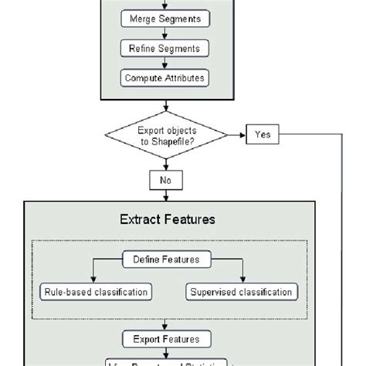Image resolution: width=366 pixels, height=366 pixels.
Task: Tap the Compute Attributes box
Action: click(165, 77)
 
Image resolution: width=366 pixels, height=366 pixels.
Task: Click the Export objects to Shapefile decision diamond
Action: click(167, 135)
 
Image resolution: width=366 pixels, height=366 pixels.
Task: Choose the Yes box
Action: click(263, 135)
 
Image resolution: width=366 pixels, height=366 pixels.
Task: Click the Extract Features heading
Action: click(167, 219)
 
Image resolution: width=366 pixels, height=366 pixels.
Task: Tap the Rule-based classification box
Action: click(94, 292)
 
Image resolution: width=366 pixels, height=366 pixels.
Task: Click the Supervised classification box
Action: click(240, 292)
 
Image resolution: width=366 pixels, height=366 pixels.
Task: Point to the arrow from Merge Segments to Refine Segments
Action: click(165, 33)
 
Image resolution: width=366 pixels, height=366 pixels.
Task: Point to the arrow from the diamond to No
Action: click(167, 162)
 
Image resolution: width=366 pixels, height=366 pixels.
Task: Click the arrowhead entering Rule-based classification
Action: click(94, 280)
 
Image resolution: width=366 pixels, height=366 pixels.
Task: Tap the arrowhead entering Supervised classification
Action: click(242, 280)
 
